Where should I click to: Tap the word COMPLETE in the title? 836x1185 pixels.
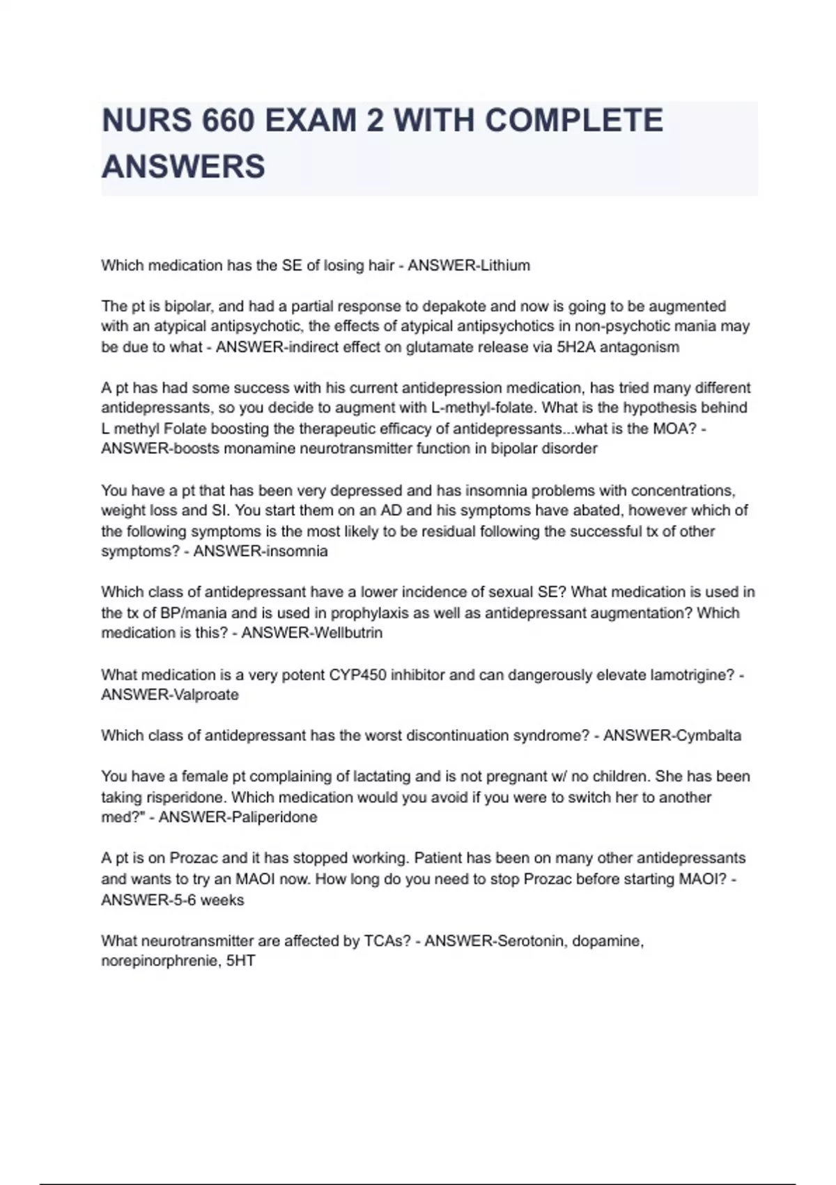coord(573,121)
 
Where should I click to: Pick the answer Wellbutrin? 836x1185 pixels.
coord(349,633)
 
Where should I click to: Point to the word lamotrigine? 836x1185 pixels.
coord(691,675)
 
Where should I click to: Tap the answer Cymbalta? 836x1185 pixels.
coord(709,735)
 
